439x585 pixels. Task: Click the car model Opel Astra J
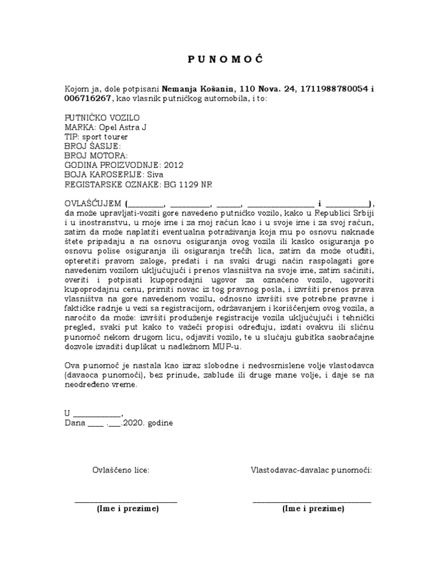point(123,127)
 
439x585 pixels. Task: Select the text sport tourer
point(105,137)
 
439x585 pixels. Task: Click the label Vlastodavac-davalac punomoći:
point(312,470)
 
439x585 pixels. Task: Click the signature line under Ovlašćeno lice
point(126,500)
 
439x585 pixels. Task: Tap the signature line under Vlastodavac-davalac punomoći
point(312,500)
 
